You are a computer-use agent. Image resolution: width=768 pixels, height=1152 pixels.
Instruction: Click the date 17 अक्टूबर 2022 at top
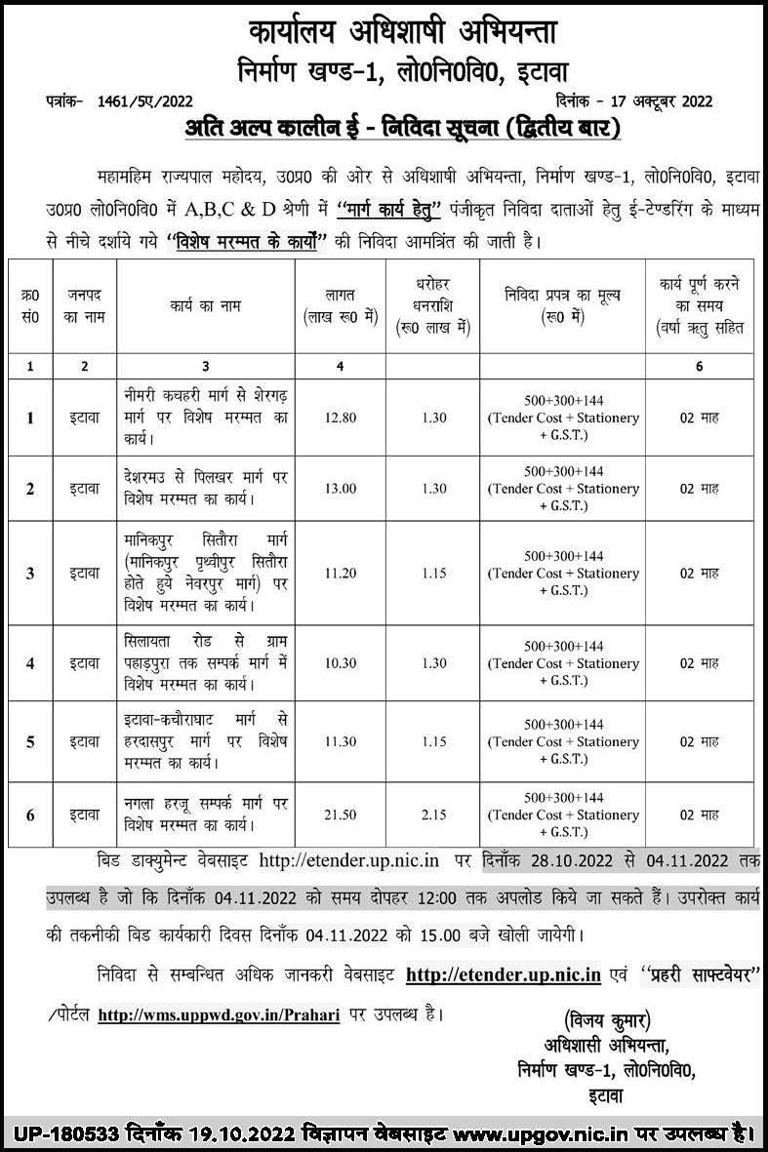tap(657, 101)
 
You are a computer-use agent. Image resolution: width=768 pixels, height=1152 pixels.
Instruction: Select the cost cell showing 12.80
tap(340, 417)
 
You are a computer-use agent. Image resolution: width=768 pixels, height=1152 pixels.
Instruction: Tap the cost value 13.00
tap(340, 489)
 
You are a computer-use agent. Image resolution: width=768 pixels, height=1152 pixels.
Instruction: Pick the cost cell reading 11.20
tap(340, 573)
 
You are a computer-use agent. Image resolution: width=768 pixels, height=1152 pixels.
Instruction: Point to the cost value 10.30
tap(340, 663)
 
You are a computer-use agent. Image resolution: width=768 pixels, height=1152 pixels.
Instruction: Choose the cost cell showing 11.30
tap(340, 741)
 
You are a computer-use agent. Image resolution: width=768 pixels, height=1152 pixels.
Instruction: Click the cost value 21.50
tap(340, 814)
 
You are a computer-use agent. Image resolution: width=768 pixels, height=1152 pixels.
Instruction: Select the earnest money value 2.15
tap(435, 814)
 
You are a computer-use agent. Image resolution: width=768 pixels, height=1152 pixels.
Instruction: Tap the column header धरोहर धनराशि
tap(435, 304)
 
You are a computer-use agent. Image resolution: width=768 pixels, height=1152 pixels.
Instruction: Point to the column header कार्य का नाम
tap(205, 305)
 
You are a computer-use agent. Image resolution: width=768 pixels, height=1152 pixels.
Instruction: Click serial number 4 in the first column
tap(30, 663)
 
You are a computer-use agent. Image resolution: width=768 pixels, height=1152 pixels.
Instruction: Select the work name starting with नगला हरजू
tap(205, 814)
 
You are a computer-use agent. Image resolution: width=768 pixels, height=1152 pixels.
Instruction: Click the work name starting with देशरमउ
tap(205, 489)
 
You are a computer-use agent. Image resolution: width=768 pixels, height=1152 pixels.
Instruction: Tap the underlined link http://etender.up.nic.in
tap(503, 974)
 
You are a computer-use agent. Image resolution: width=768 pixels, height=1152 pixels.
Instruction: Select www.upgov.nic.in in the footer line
tap(532, 1133)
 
